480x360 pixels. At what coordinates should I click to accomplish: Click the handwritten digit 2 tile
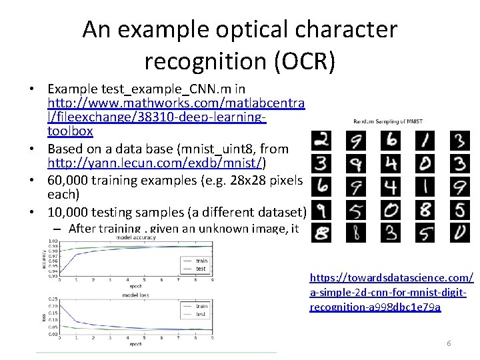coord(322,141)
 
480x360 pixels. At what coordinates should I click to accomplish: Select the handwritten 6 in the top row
coord(391,141)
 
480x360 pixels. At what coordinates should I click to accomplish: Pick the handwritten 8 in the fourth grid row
coord(425,210)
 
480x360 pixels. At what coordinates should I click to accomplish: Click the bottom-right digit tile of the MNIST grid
coord(459,233)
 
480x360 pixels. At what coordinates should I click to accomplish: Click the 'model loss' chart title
coord(135,294)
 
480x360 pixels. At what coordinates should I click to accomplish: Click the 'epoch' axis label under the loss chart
coord(135,344)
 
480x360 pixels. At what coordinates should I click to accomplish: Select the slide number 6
coord(449,343)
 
